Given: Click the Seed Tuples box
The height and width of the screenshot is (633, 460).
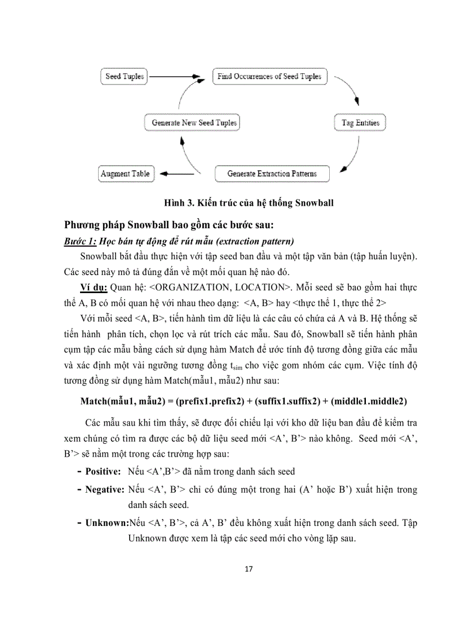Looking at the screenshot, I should [125, 76].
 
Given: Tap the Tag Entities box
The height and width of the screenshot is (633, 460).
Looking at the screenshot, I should [360, 122].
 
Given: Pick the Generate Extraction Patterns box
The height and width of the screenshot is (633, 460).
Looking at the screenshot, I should [272, 174].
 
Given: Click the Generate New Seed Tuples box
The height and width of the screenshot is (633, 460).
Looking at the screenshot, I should [193, 122].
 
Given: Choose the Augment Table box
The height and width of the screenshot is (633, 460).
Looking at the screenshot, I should [125, 174].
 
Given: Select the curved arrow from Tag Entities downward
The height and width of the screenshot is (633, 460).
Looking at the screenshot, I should [355, 152].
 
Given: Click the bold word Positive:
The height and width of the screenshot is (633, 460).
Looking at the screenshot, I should [103, 471].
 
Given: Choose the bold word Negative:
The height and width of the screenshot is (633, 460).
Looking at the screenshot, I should [104, 489].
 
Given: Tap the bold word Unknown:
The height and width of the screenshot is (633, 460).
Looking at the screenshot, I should [107, 523].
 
